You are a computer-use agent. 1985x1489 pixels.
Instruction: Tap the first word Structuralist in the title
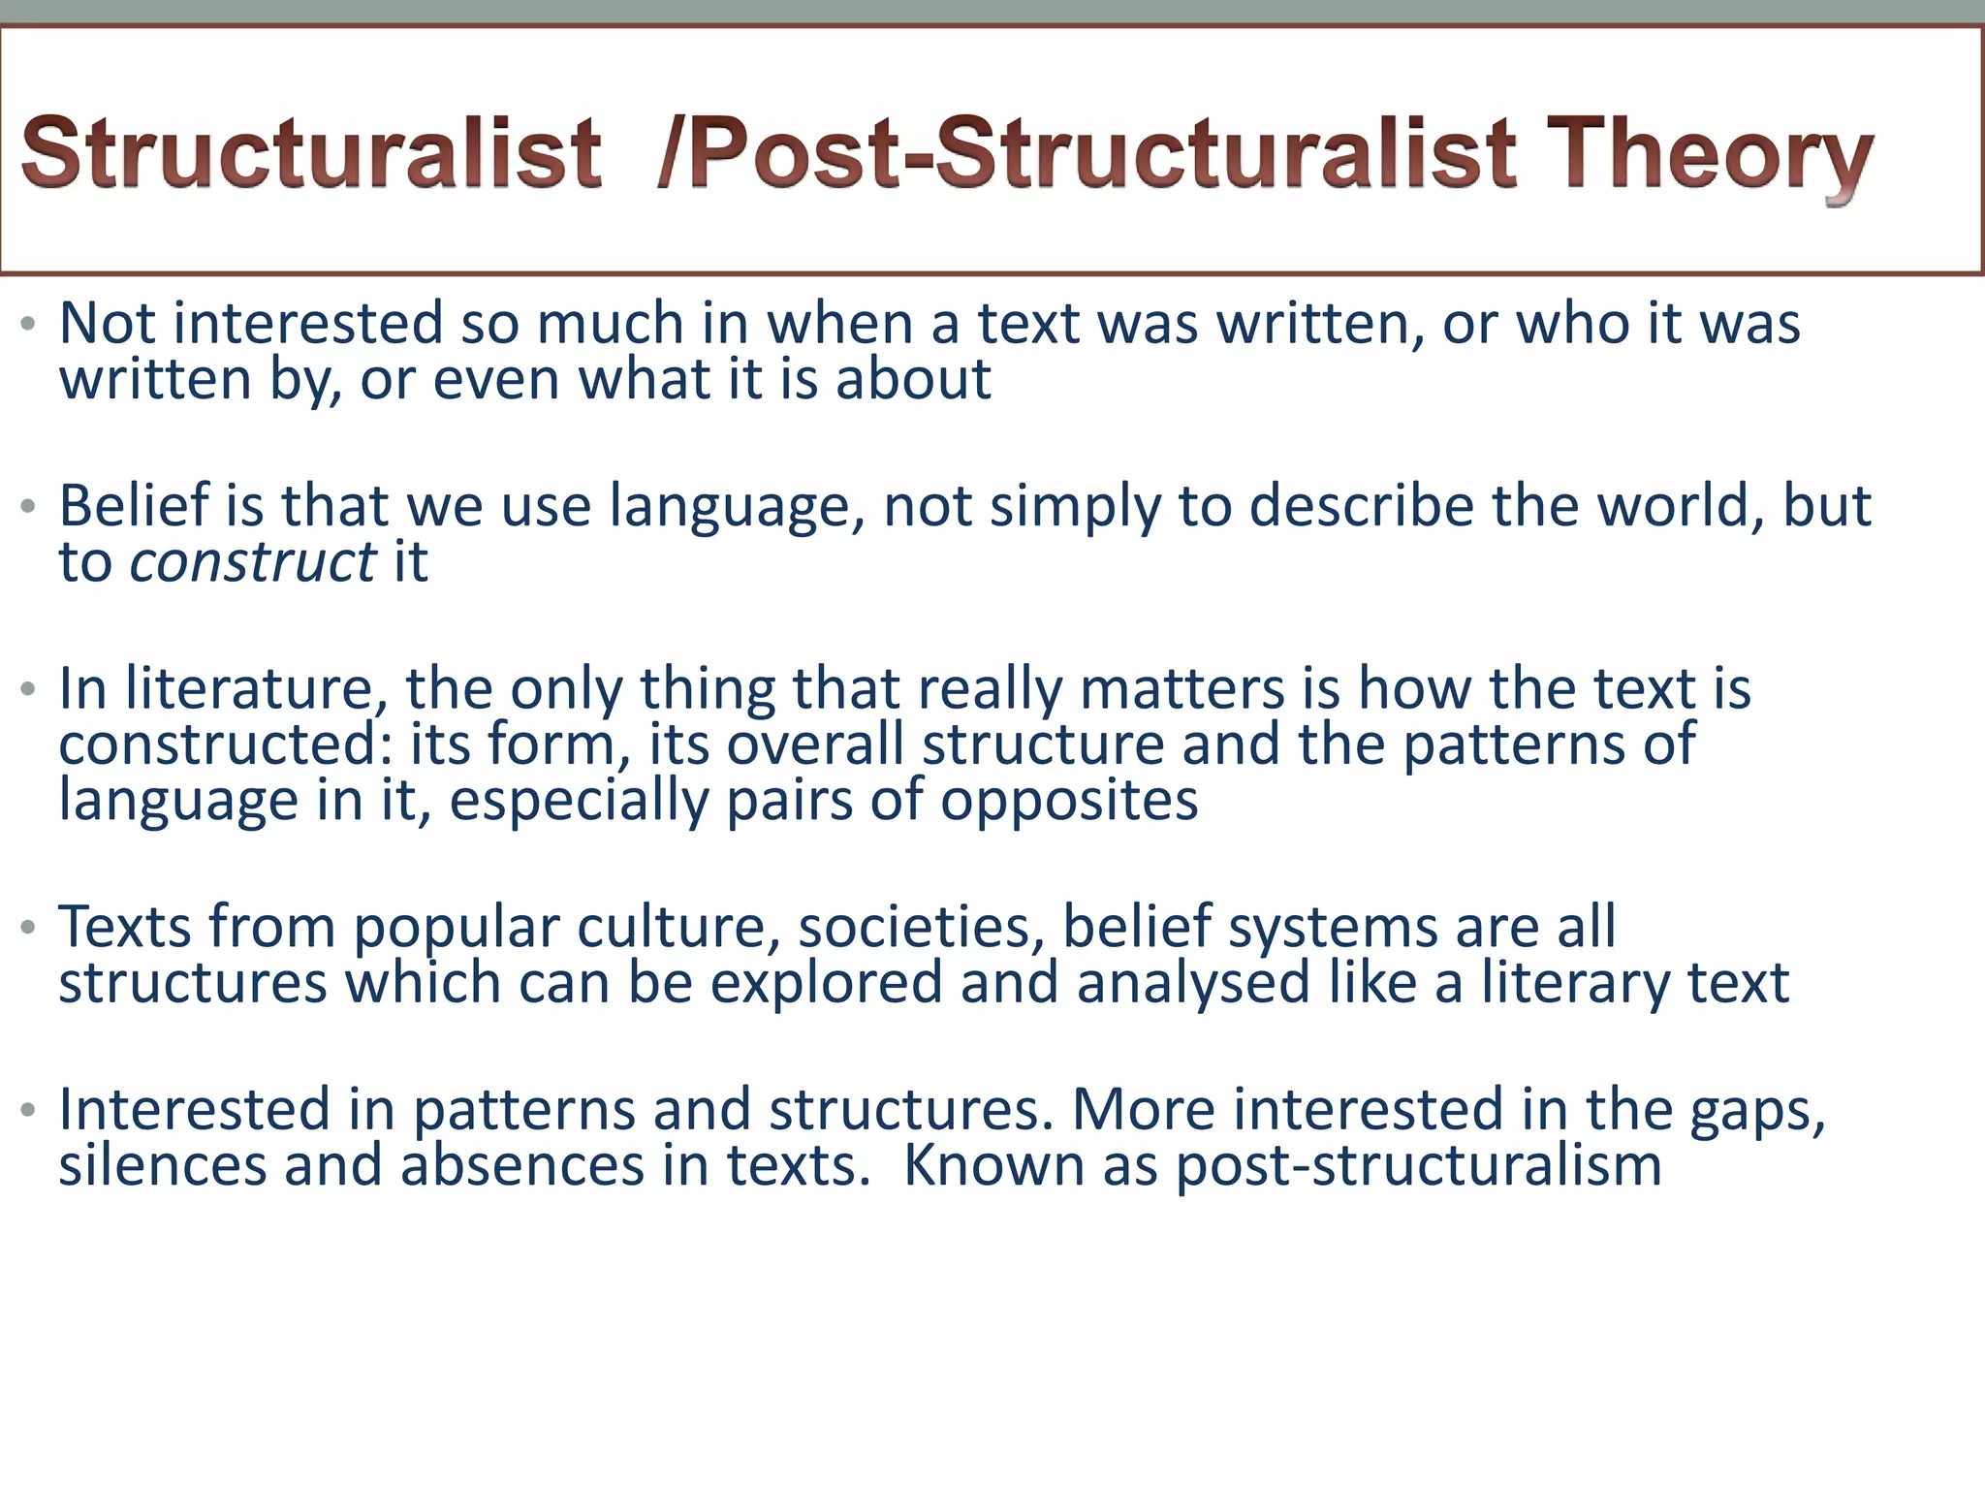(311, 153)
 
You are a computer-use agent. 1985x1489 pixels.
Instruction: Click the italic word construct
(252, 561)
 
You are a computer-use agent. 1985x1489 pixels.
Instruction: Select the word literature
(248, 689)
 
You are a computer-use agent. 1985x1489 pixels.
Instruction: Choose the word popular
(456, 928)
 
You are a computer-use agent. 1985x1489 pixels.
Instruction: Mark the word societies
(921, 928)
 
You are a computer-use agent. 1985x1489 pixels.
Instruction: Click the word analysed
(1193, 983)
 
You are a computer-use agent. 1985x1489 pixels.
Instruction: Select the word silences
(162, 1165)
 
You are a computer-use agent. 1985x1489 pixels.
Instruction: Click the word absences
(522, 1165)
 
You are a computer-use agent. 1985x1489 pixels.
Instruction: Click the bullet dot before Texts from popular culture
(28, 928)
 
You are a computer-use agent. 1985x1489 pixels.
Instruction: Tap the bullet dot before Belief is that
(28, 506)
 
